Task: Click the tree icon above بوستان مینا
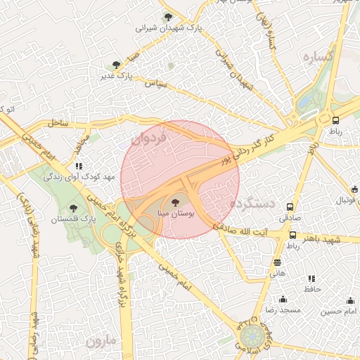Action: [176, 202]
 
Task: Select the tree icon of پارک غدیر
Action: [116, 65]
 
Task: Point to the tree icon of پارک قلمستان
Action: [74, 208]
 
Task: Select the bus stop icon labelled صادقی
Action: [290, 207]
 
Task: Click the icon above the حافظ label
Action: [311, 279]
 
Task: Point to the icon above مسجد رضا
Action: [283, 299]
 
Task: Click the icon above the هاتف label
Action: [277, 262]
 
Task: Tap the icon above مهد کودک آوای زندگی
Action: [79, 166]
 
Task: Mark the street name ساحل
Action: [58, 123]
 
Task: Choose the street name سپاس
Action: [155, 83]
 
